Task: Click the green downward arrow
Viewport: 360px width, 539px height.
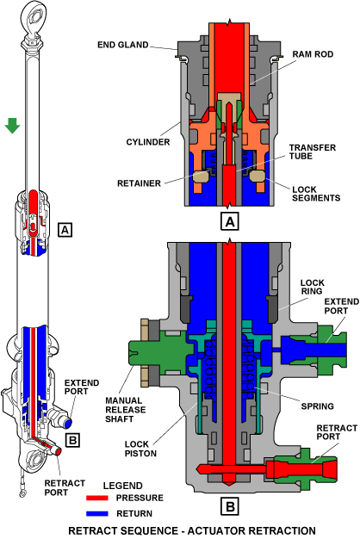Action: (x=12, y=126)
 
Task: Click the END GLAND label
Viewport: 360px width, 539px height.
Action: (x=123, y=45)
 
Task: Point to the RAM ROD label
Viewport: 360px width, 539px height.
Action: (x=313, y=54)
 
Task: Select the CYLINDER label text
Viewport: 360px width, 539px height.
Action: (x=148, y=142)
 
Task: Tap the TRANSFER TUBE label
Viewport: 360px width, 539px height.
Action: (x=313, y=152)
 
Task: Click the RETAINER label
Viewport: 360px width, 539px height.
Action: (x=139, y=183)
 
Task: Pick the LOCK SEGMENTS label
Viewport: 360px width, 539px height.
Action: (x=316, y=194)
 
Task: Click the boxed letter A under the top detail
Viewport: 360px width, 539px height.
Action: (x=230, y=221)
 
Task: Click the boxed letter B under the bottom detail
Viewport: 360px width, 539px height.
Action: (x=230, y=506)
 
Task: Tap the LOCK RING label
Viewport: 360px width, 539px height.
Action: (x=312, y=287)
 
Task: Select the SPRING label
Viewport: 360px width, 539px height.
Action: (x=317, y=406)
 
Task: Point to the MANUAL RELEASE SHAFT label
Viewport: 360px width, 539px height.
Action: (x=126, y=410)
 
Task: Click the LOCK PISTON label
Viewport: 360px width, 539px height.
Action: (x=140, y=449)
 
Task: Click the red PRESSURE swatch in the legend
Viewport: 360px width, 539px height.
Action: (x=97, y=498)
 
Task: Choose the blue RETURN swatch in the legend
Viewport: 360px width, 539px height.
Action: (x=97, y=513)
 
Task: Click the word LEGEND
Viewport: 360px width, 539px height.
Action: (x=123, y=486)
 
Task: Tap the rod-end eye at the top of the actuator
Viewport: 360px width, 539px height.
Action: (x=33, y=15)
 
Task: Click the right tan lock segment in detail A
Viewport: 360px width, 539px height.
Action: (x=257, y=177)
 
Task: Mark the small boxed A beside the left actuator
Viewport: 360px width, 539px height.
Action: (x=65, y=230)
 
